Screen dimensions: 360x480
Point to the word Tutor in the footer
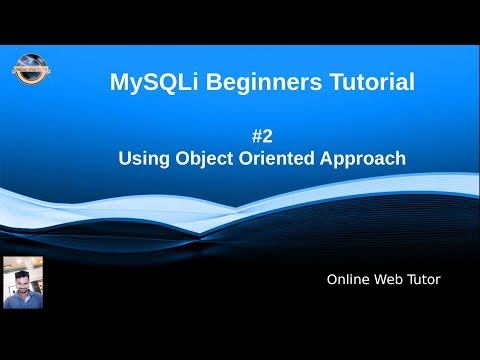(x=424, y=279)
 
